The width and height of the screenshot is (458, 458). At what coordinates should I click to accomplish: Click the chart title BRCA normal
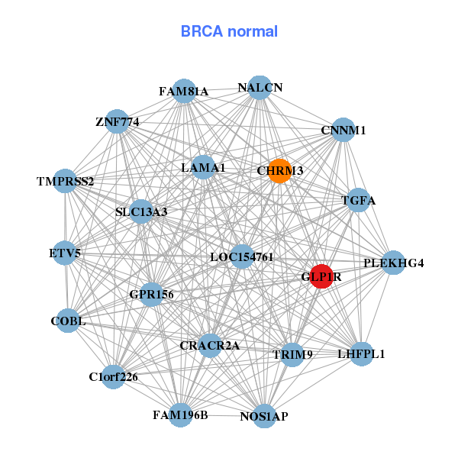(x=229, y=31)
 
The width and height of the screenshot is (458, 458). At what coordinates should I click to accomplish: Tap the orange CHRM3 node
(x=279, y=171)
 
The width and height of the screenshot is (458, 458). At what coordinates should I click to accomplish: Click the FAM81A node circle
(x=184, y=91)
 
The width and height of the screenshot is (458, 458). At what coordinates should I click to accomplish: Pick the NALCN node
(x=260, y=87)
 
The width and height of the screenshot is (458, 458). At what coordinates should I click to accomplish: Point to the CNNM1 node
(x=343, y=130)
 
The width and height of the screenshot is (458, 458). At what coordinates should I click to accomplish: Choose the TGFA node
(x=359, y=201)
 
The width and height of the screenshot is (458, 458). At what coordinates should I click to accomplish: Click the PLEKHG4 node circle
(x=393, y=263)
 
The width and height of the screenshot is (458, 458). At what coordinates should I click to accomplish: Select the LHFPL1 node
(x=361, y=354)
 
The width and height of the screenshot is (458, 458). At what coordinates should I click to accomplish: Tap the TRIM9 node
(x=292, y=354)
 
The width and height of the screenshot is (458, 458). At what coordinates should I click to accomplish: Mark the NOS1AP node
(x=263, y=416)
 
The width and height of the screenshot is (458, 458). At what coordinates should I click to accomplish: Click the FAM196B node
(x=181, y=415)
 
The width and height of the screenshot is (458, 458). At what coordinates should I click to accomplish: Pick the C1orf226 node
(x=113, y=376)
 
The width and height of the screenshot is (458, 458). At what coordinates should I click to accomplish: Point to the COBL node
(x=68, y=321)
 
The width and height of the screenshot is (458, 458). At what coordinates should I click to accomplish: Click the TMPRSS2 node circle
(x=66, y=182)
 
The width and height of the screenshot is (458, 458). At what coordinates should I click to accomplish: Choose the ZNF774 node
(x=117, y=121)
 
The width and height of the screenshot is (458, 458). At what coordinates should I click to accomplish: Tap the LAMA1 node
(x=203, y=167)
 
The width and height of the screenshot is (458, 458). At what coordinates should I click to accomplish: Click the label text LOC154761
(x=241, y=257)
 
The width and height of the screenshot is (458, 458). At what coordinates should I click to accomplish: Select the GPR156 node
(x=151, y=294)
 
